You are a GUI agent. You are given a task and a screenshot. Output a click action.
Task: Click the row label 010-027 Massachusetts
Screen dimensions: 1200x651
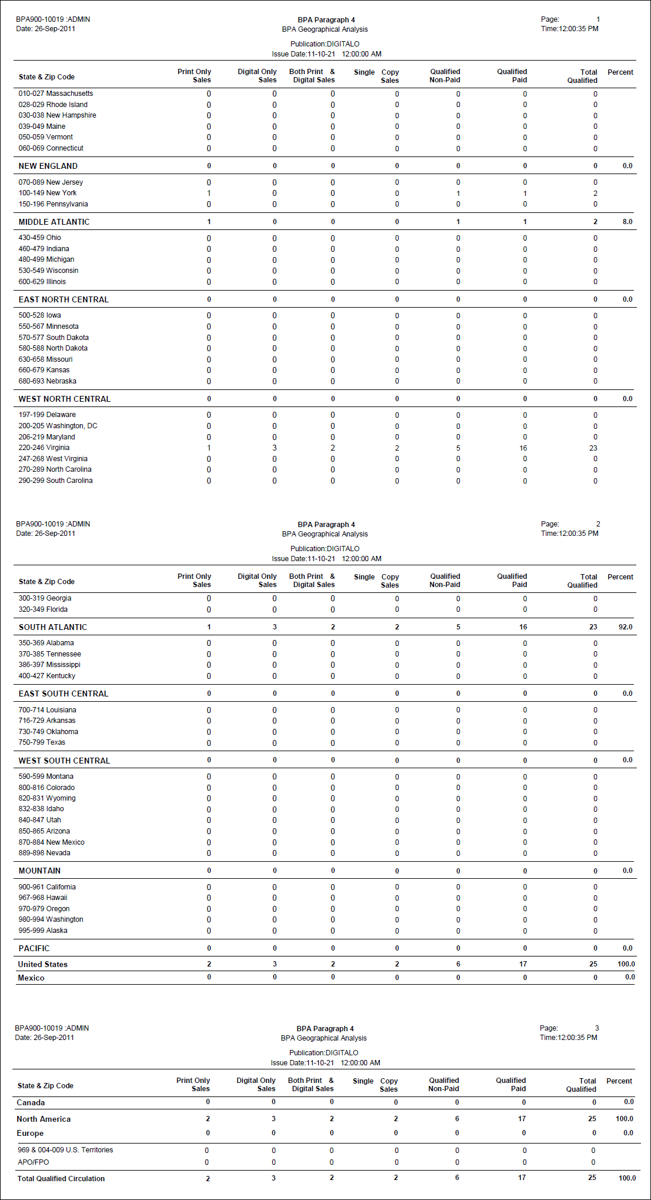pyautogui.click(x=55, y=94)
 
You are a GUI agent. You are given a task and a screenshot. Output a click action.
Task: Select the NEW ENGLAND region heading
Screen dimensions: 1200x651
pyautogui.click(x=48, y=166)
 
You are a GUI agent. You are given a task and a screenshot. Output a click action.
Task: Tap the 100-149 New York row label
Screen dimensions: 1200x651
pyautogui.click(x=47, y=193)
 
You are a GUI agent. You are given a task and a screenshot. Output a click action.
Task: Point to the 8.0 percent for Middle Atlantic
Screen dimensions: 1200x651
pyautogui.click(x=627, y=222)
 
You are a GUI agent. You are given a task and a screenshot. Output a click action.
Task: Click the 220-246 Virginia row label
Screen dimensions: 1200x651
pyautogui.click(x=44, y=448)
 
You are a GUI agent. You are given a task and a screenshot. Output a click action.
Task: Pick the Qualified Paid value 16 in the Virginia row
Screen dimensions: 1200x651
pyautogui.click(x=523, y=448)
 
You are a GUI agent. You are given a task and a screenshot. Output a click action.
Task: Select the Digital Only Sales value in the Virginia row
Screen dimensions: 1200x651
pyautogui.click(x=274, y=448)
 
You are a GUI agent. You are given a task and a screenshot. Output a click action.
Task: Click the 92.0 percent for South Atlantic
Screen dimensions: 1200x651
pyautogui.click(x=625, y=627)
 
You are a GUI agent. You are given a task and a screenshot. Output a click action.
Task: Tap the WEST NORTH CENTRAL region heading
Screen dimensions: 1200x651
pyautogui.click(x=64, y=399)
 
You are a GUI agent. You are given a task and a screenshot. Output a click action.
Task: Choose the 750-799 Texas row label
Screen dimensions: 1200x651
pyautogui.click(x=42, y=742)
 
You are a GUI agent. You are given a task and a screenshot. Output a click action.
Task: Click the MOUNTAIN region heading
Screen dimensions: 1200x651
pyautogui.click(x=39, y=871)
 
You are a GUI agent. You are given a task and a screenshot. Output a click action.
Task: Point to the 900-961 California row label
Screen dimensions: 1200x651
pyautogui.click(x=47, y=887)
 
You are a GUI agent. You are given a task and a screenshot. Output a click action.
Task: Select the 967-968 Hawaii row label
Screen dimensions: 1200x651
pyautogui.click(x=42, y=898)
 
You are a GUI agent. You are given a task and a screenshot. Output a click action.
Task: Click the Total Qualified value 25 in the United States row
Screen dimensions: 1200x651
pyautogui.click(x=593, y=964)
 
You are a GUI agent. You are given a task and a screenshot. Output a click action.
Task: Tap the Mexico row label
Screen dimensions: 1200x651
pyautogui.click(x=31, y=978)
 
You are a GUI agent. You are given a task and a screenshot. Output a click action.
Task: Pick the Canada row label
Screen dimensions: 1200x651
pyautogui.click(x=31, y=1103)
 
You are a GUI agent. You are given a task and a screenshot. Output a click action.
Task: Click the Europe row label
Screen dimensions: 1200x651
pyautogui.click(x=30, y=1133)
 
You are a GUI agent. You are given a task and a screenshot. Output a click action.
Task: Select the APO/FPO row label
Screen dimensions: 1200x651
pyautogui.click(x=34, y=1162)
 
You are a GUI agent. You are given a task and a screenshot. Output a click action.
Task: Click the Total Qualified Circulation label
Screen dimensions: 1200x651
pyautogui.click(x=61, y=1178)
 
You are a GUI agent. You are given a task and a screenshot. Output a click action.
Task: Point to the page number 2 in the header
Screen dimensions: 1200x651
pyautogui.click(x=598, y=524)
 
